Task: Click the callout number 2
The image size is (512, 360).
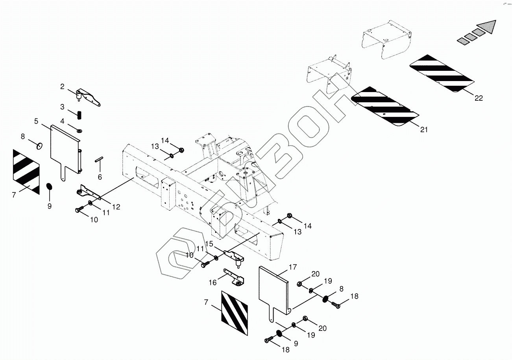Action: [x=62, y=86]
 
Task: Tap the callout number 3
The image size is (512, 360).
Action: [x=62, y=107]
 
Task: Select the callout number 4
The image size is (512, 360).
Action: [x=62, y=121]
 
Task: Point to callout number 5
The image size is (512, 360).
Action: [x=36, y=121]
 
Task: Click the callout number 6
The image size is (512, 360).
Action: [x=100, y=177]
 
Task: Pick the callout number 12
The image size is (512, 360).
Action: [x=116, y=207]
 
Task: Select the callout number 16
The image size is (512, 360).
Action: [x=213, y=282]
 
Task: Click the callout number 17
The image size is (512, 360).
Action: [x=292, y=267]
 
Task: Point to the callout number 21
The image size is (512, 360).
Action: [x=423, y=129]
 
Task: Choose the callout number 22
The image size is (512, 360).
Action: [x=478, y=98]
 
